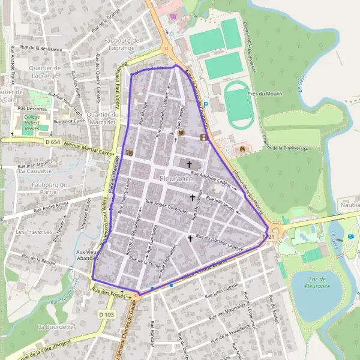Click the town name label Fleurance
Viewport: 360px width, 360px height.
(176, 179)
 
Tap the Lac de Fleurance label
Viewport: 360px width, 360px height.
(317, 282)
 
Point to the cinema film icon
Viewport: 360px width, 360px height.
(205, 137)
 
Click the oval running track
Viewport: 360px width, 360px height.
(239, 104)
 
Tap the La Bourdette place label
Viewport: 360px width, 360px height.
(55, 327)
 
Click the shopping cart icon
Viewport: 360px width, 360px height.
(174, 17)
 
